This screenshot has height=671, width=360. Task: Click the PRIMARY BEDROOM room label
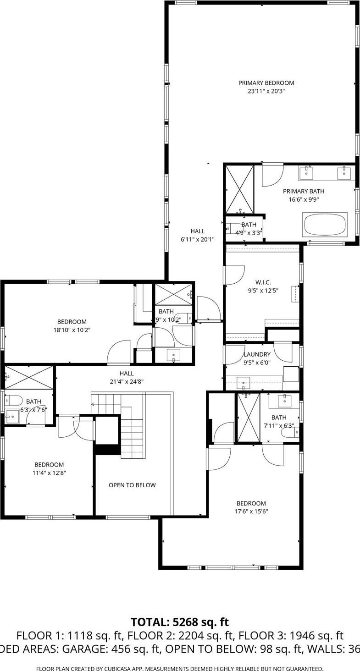tap(266, 83)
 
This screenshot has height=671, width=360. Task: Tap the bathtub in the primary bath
tap(325, 225)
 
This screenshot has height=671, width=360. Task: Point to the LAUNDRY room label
tap(257, 354)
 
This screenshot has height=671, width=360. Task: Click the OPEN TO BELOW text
tap(132, 485)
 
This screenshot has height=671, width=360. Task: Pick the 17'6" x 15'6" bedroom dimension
tap(251, 511)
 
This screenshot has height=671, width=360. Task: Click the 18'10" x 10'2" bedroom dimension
tap(72, 330)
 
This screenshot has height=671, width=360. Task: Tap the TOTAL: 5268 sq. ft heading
tap(180, 622)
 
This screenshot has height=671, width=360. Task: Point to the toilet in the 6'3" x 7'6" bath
tap(13, 401)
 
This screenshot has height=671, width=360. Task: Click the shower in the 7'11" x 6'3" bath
tap(248, 417)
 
